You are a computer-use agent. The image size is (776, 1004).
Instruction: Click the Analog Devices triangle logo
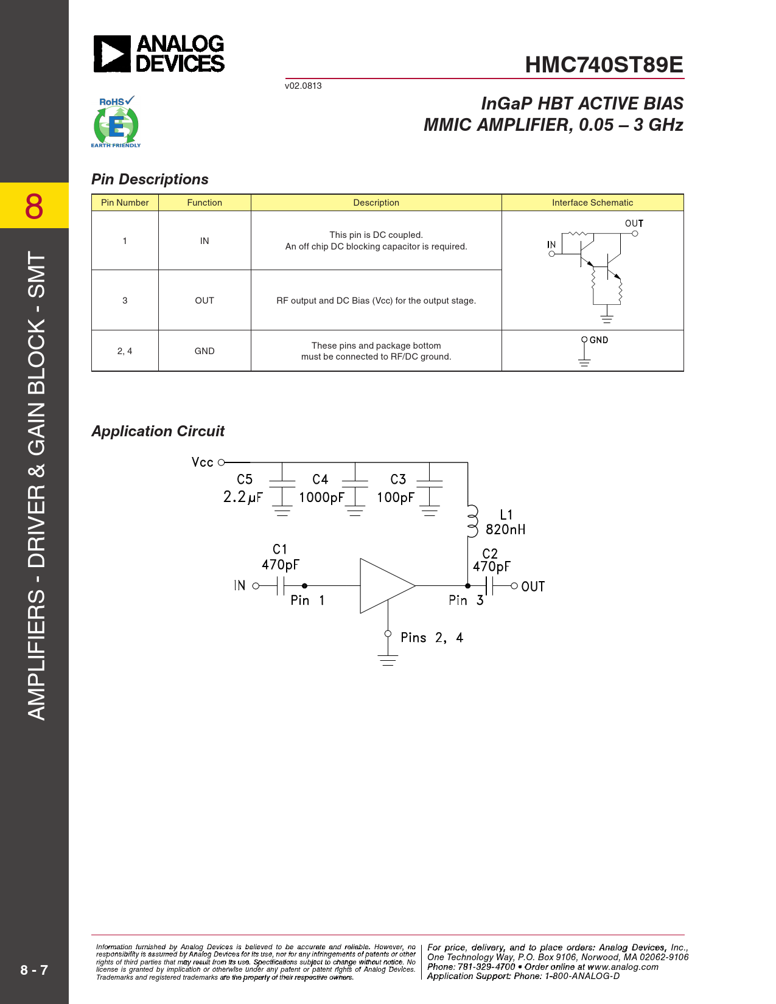tap(112, 54)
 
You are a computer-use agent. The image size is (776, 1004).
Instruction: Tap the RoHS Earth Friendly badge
tap(116, 122)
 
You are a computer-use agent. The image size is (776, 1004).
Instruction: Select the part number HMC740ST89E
tap(604, 65)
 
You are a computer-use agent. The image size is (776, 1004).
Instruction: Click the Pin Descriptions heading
tap(150, 180)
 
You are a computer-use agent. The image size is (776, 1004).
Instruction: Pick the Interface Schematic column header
tap(592, 203)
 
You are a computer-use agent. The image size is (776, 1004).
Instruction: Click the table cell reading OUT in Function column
tap(204, 301)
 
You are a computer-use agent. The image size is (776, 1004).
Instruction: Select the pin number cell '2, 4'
tap(125, 351)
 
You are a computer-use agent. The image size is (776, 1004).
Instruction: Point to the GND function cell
tap(204, 351)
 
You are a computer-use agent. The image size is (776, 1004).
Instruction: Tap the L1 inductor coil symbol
tap(472, 522)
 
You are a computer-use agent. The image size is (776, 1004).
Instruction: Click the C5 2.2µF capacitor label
tap(243, 489)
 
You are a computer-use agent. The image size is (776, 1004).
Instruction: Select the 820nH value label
tap(505, 530)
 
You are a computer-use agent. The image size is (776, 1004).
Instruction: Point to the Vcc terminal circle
tap(222, 462)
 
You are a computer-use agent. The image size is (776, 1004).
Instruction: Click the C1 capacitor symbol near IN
tap(281, 586)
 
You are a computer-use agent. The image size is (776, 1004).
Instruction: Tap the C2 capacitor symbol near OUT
tap(489, 586)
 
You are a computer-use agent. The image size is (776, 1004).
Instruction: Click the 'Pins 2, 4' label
tap(432, 638)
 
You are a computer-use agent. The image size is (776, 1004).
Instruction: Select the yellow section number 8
tap(34, 206)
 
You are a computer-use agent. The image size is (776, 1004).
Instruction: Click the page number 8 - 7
tap(34, 970)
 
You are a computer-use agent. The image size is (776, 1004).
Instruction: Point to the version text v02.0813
tap(303, 86)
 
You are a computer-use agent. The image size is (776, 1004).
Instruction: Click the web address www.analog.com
tap(623, 967)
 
